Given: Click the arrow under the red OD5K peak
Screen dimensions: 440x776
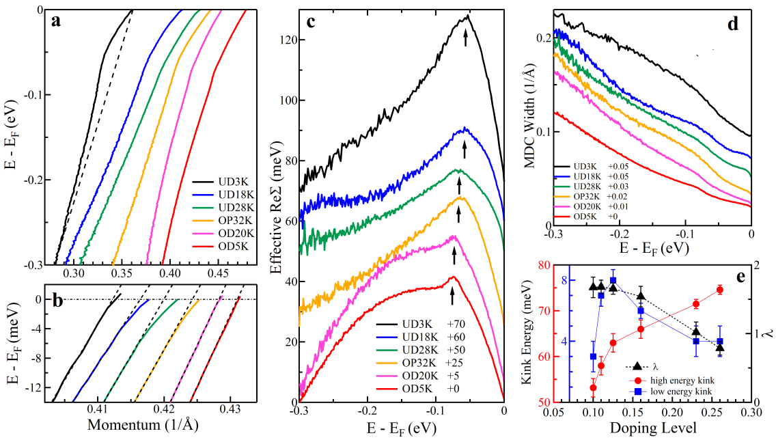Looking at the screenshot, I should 452,295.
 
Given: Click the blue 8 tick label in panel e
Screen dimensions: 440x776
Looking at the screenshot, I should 565,280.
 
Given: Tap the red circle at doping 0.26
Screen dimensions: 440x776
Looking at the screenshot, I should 719,290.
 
